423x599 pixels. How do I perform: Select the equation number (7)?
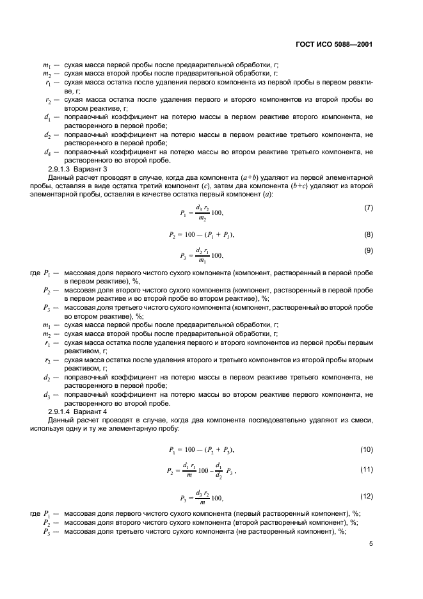(x=369, y=209)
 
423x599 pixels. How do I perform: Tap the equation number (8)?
(x=369, y=235)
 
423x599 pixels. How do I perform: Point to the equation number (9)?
(x=369, y=250)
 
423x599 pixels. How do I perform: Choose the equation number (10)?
(x=367, y=450)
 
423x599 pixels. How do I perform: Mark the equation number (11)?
(x=367, y=470)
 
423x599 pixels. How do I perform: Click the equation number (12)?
(x=367, y=497)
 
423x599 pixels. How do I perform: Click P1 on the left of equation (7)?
(x=183, y=213)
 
